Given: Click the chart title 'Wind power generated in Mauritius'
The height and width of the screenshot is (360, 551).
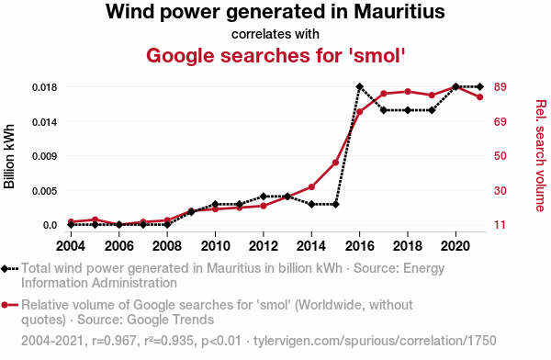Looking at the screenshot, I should [x=275, y=13].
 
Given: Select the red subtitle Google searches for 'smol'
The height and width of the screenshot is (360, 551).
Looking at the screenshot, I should [x=275, y=55].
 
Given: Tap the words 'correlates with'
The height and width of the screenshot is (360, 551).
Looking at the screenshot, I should [x=275, y=34].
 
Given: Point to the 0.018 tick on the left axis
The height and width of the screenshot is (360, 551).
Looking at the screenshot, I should [x=43, y=87].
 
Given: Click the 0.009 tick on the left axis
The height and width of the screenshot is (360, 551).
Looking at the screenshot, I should [x=43, y=156].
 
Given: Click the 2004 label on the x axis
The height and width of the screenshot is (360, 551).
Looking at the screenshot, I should [x=71, y=246].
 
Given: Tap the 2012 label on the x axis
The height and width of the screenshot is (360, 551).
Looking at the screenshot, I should [x=263, y=246].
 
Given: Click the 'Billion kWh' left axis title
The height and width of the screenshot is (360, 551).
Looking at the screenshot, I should [x=10, y=156].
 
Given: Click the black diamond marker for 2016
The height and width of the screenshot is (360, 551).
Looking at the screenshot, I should [x=359, y=86].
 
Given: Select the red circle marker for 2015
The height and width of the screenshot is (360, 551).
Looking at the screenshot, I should [x=335, y=163].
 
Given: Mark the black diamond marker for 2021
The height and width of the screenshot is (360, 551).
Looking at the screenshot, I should [x=479, y=86].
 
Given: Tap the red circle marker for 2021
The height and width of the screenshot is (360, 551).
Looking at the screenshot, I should [x=479, y=96].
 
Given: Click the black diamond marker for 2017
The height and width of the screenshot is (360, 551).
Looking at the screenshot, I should [x=383, y=110].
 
